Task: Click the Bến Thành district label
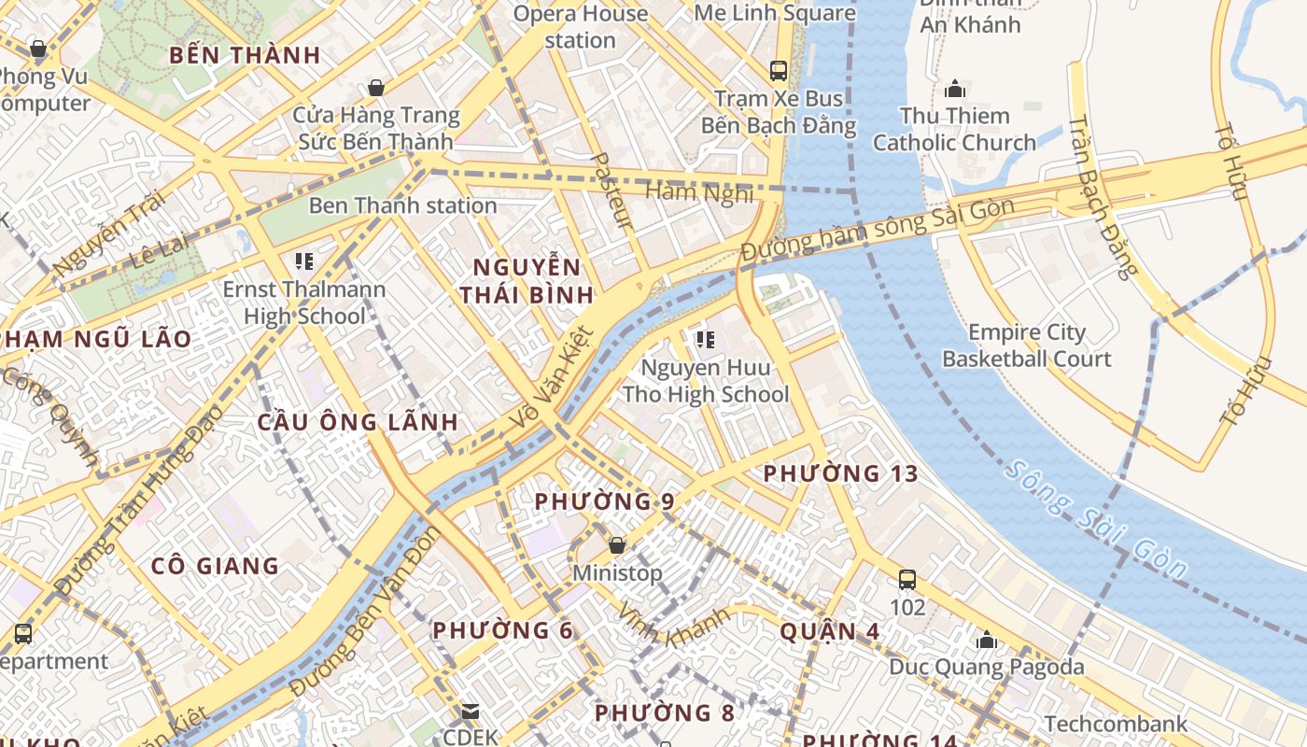pos(245,55)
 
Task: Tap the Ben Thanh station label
pos(402,205)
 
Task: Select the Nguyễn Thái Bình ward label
pos(527,281)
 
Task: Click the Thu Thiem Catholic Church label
pos(954,130)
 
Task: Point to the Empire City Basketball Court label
pos(1027,345)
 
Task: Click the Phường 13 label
pos(840,473)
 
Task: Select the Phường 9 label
pos(604,501)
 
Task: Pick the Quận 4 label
pos(829,632)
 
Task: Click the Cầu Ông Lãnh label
pos(358,422)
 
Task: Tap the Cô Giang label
pos(215,566)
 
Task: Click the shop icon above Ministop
pos(616,544)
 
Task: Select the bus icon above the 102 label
pos(906,580)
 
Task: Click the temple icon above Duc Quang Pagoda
pos(987,641)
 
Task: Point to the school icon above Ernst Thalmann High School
pos(304,261)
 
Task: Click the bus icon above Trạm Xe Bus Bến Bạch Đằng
pos(778,70)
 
